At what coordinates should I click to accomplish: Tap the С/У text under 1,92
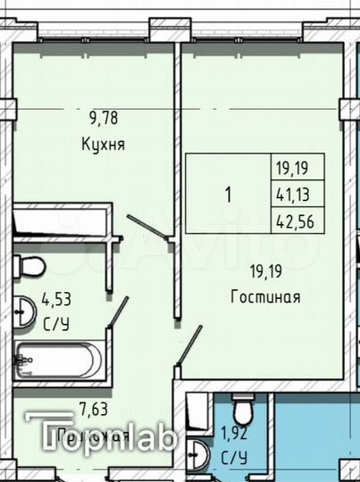click(x=234, y=458)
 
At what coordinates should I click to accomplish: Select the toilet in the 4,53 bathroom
click(x=32, y=265)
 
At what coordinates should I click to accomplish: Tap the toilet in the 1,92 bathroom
click(x=241, y=411)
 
